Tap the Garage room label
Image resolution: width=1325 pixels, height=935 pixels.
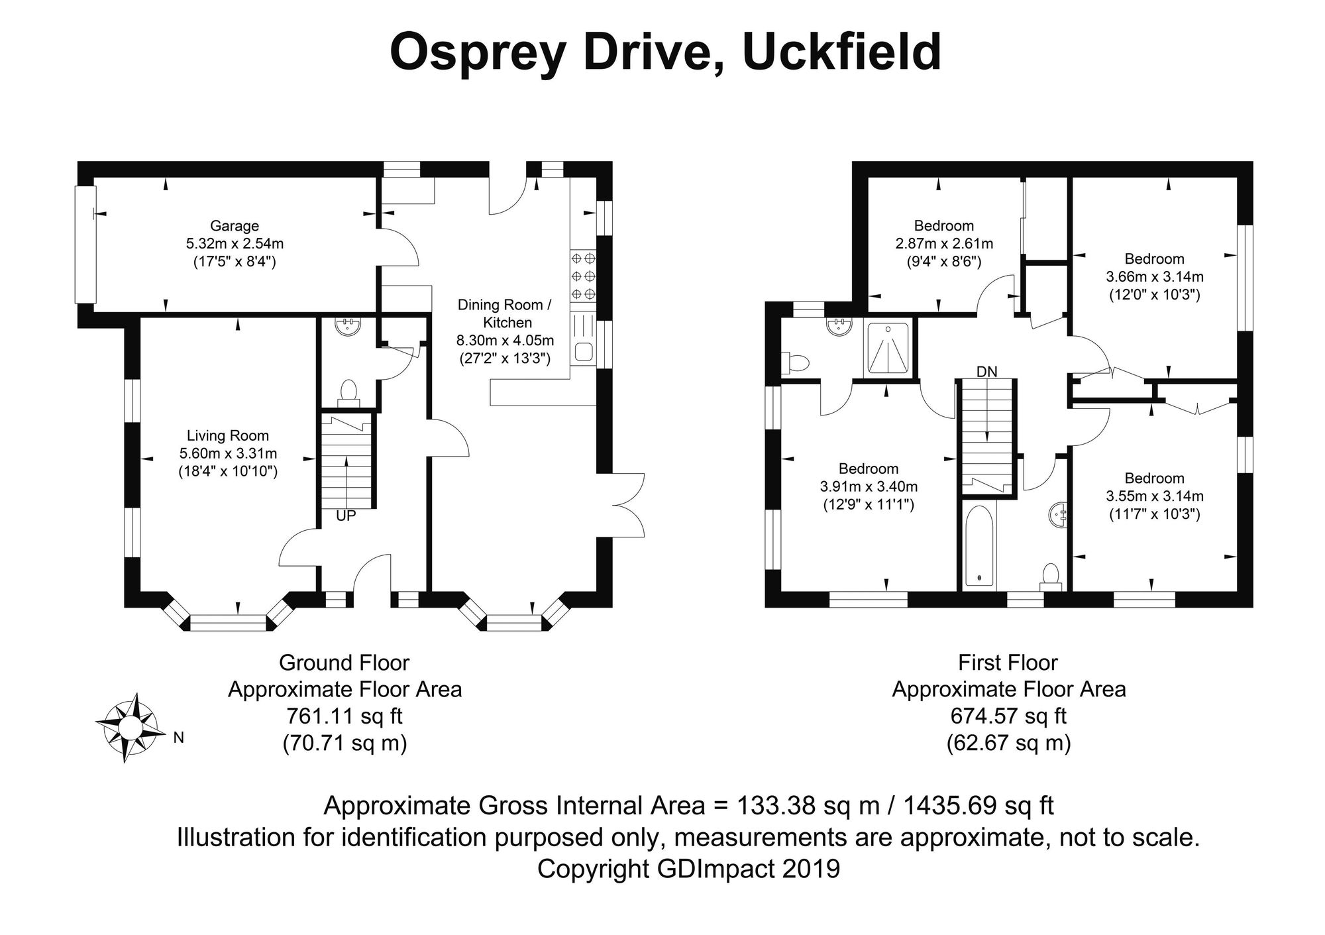[235, 226]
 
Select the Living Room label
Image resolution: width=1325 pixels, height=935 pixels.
[228, 435]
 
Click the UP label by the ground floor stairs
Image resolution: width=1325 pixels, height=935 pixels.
[346, 516]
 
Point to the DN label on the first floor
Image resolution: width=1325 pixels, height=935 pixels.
[987, 372]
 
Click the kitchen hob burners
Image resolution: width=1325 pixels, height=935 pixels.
[583, 276]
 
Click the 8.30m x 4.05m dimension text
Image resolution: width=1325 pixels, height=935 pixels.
[505, 341]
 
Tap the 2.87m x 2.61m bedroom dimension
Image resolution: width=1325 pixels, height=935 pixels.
[944, 244]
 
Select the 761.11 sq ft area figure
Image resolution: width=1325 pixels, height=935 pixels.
[344, 716]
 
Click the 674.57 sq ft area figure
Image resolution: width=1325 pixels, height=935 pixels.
[1008, 716]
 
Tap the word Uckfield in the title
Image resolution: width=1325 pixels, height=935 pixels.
[841, 52]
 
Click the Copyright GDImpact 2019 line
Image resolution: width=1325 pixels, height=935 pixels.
[688, 868]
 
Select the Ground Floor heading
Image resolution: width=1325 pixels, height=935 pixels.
[344, 663]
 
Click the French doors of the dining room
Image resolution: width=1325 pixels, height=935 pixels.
[627, 505]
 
